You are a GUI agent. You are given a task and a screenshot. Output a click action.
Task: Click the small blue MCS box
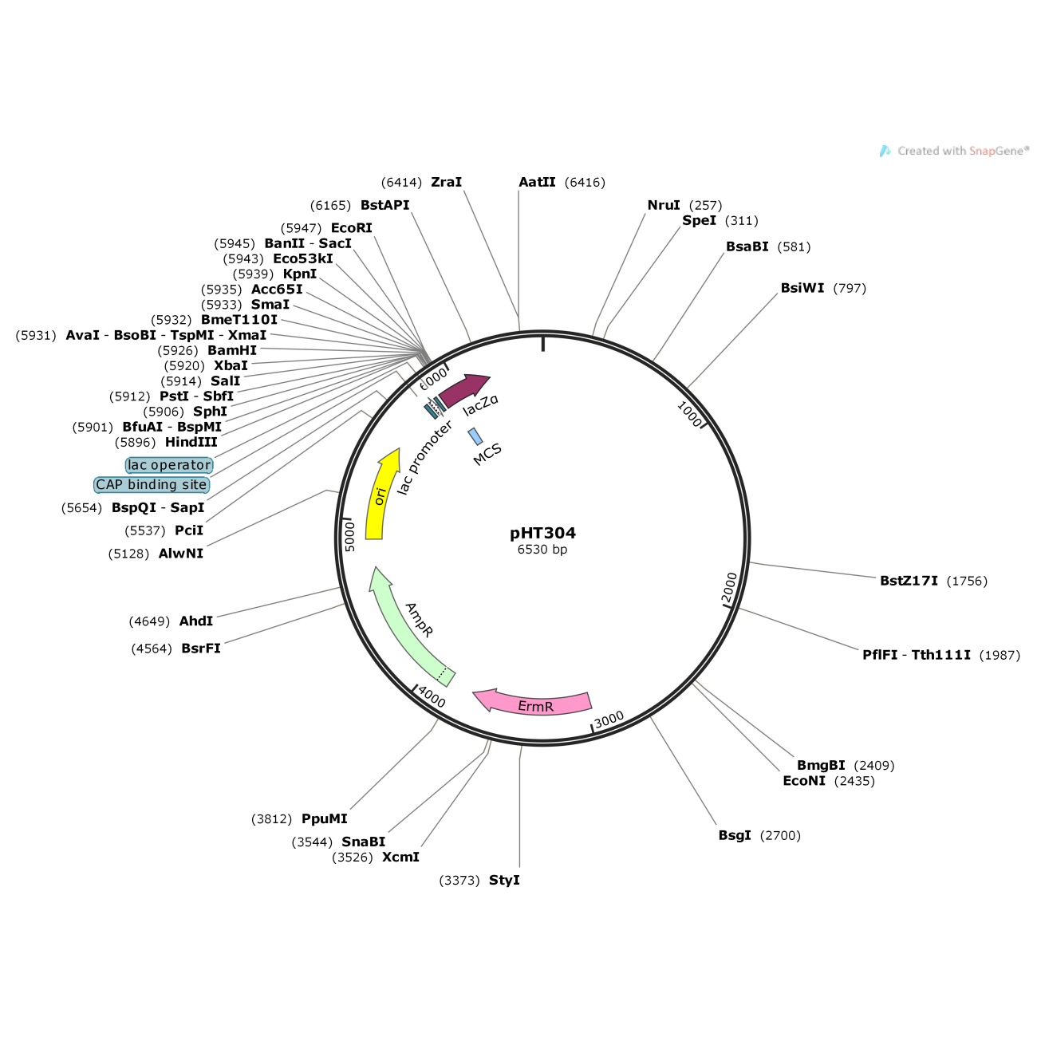coord(475,436)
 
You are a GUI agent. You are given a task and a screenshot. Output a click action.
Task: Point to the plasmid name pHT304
coord(542,533)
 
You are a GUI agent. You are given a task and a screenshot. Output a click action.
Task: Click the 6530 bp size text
coord(542,550)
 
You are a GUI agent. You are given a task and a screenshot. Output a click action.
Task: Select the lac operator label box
coord(169,465)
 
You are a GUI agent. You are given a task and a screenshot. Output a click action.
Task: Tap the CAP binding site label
coord(152,485)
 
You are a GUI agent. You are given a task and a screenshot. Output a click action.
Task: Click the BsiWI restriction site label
coord(802,288)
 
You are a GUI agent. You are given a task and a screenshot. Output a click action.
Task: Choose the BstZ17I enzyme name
coord(909,581)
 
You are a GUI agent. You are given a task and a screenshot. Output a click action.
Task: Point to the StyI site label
coord(504,880)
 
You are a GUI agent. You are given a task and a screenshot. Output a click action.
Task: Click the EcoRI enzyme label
coord(352,228)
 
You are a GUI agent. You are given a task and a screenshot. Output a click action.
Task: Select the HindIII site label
coord(191,442)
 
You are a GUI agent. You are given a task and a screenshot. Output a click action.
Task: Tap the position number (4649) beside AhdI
coord(149,621)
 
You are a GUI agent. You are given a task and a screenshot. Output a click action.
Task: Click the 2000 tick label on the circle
coord(730,588)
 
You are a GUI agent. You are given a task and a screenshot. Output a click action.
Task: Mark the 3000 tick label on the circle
coord(609,720)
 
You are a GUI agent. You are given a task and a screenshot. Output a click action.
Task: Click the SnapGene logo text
coord(962,151)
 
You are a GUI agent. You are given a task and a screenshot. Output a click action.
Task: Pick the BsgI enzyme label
coord(735,835)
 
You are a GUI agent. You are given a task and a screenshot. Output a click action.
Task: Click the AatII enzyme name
coord(537,182)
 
